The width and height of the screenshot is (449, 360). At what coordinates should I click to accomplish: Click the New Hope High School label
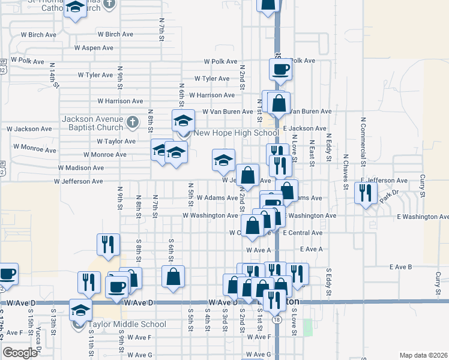point(237,133)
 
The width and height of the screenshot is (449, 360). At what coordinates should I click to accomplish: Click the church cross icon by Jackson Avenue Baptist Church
point(134,122)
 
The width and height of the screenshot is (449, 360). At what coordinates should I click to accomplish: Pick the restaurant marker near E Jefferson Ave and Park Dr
point(364,193)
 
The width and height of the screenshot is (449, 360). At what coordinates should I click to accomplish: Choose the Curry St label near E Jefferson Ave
point(423,186)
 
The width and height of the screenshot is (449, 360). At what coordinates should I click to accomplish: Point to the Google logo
point(20,353)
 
